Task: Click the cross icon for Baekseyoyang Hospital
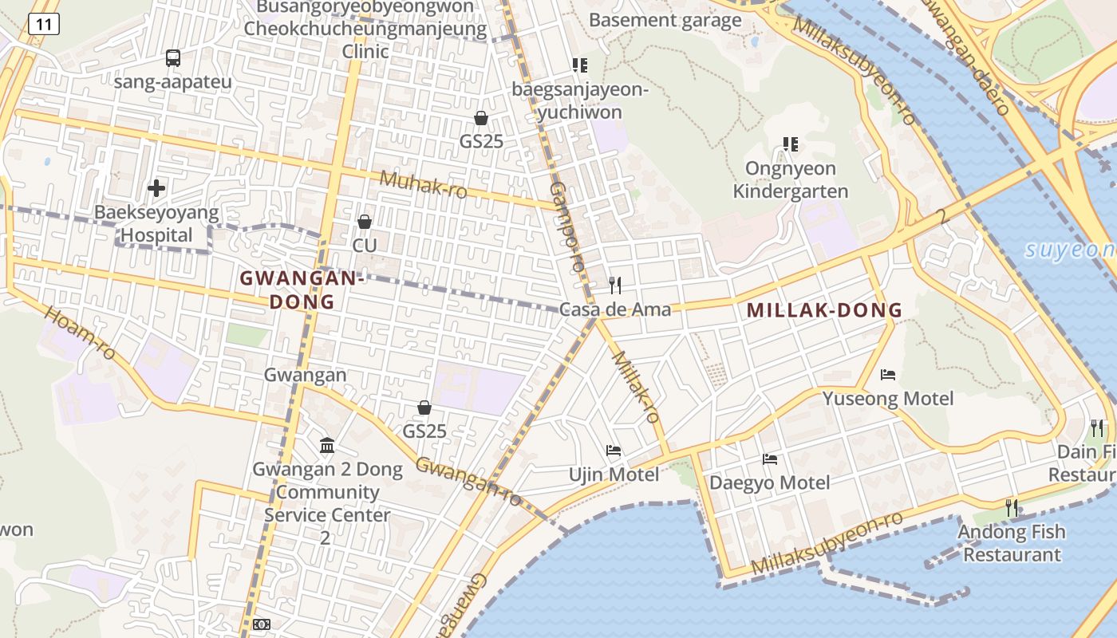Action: pyautogui.click(x=156, y=188)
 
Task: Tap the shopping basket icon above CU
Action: pyautogui.click(x=365, y=221)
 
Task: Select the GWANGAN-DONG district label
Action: pyautogui.click(x=302, y=289)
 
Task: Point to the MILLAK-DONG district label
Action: pyautogui.click(x=824, y=310)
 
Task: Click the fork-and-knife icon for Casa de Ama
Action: pyautogui.click(x=615, y=285)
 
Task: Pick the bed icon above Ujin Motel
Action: pyautogui.click(x=614, y=451)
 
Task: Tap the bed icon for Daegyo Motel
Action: pyautogui.click(x=770, y=459)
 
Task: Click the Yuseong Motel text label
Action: pyautogui.click(x=888, y=398)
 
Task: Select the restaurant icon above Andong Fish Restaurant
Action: pyautogui.click(x=1012, y=506)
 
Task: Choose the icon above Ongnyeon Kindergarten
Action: pyautogui.click(x=791, y=144)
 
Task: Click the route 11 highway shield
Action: pyautogui.click(x=43, y=25)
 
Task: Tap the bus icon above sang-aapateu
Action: pyautogui.click(x=173, y=57)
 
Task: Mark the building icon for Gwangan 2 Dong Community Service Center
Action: pyautogui.click(x=327, y=445)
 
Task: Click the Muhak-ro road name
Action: pyautogui.click(x=423, y=185)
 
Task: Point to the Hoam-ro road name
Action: pyautogui.click(x=80, y=332)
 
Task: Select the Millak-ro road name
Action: pyautogui.click(x=636, y=387)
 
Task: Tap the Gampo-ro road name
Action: pyautogui.click(x=567, y=226)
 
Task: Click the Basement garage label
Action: pyautogui.click(x=665, y=20)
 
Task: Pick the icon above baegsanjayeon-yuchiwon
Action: pyautogui.click(x=580, y=65)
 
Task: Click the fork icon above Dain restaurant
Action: pyautogui.click(x=1097, y=428)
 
